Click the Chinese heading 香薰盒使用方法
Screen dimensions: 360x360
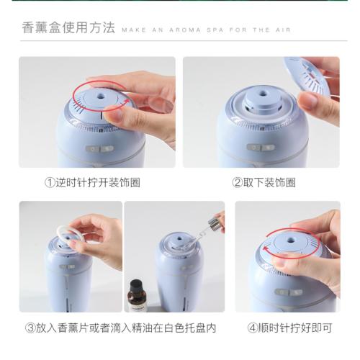tap(68, 27)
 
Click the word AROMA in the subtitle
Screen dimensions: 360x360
tap(185, 30)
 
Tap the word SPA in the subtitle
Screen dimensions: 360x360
tap(215, 30)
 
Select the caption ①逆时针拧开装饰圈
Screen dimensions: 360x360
tap(92, 183)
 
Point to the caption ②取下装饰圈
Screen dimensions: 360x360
tap(264, 183)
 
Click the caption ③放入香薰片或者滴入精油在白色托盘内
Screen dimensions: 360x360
tap(120, 328)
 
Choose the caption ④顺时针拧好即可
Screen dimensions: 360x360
tap(289, 328)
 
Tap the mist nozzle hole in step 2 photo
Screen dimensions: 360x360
tap(262, 92)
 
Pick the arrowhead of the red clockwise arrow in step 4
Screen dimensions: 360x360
tap(266, 249)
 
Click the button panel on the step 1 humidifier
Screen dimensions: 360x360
tap(100, 148)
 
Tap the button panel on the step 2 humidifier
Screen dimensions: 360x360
tap(261, 147)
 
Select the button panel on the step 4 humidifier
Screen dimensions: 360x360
tap(289, 292)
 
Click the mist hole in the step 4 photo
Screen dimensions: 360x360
tap(292, 240)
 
